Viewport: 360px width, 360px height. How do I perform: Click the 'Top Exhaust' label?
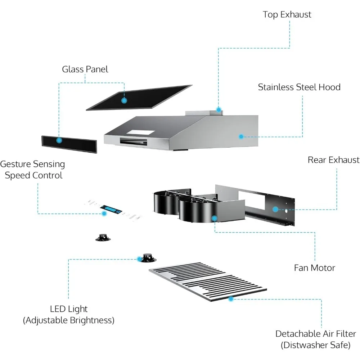coord(287,15)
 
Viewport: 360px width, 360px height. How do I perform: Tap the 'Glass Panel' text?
coord(85,69)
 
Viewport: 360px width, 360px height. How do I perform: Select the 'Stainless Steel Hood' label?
coord(299,87)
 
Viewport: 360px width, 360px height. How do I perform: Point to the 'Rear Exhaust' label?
coord(334,160)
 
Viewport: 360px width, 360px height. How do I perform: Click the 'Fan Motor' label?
coord(315,268)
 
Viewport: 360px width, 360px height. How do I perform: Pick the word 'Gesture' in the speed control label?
coord(15,165)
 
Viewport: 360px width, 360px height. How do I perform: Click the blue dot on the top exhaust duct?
coord(219,110)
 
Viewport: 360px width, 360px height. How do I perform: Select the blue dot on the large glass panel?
coord(124,100)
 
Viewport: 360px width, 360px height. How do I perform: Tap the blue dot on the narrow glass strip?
coord(59,140)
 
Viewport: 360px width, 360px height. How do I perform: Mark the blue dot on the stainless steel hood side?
coord(241,136)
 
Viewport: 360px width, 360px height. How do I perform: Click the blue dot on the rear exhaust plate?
coord(275,209)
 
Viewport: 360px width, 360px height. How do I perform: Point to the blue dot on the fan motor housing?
coord(215,219)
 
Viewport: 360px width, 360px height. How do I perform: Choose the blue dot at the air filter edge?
coord(231,299)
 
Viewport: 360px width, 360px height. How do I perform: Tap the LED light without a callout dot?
coord(103,238)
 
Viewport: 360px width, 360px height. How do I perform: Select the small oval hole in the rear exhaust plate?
coord(286,210)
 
